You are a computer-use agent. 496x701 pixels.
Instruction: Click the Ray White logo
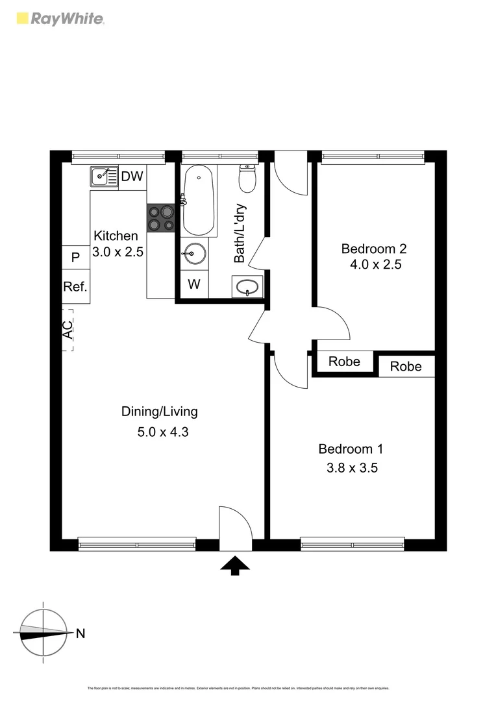59,18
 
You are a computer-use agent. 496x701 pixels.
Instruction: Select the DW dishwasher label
132,176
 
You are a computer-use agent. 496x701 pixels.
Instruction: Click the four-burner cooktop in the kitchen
162,217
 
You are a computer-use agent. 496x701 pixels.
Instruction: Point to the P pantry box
75,258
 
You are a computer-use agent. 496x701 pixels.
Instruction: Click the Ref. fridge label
75,286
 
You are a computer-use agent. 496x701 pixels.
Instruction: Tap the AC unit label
68,330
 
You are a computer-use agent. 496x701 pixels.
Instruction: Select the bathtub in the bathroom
199,201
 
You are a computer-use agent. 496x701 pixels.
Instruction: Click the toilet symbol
247,179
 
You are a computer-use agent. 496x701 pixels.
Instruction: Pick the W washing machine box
193,284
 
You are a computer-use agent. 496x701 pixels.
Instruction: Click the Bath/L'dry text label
240,234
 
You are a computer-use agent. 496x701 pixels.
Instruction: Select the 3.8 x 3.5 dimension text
351,467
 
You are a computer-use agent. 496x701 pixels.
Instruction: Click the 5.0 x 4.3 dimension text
162,431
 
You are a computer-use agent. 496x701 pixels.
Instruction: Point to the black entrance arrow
235,567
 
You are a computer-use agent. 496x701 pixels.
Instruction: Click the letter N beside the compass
81,634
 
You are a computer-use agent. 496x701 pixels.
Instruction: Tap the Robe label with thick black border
344,362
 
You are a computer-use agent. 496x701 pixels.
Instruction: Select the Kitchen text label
116,236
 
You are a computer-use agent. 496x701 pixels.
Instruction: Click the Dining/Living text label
160,412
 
